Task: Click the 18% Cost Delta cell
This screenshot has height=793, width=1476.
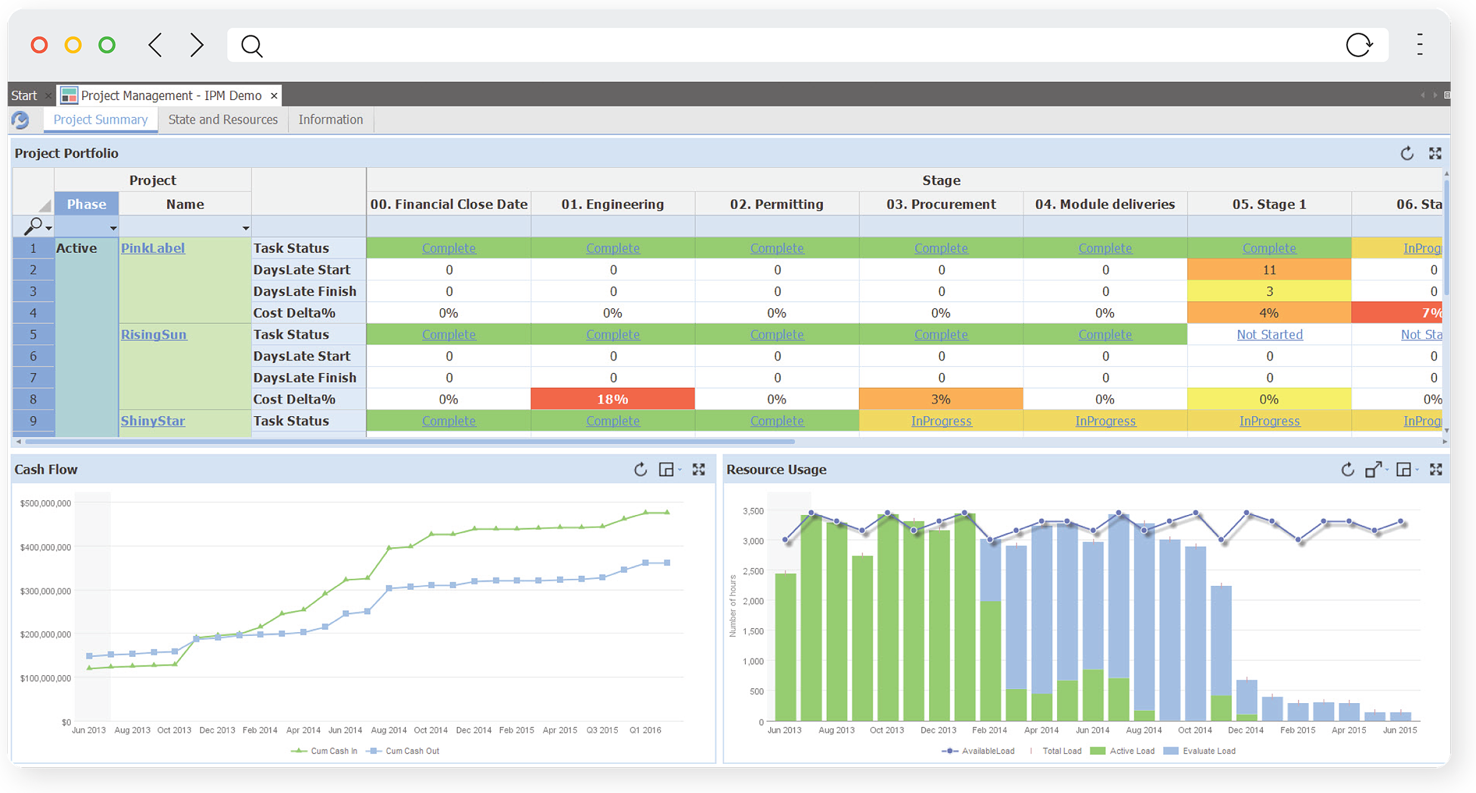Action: (x=612, y=399)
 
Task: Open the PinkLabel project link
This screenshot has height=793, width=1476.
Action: (x=153, y=248)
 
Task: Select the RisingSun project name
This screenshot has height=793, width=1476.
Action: (x=154, y=335)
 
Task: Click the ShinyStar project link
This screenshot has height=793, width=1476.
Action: (x=153, y=421)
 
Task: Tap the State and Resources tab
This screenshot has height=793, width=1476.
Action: (x=223, y=120)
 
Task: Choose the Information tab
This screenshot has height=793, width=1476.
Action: (x=330, y=120)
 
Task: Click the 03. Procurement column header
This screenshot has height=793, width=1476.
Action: (x=941, y=204)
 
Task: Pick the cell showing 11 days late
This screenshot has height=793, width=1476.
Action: (x=1269, y=270)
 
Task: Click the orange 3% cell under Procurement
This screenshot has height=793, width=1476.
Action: (x=940, y=399)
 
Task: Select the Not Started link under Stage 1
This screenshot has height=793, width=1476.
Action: (x=1269, y=335)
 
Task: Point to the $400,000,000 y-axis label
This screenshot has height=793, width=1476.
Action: (x=45, y=547)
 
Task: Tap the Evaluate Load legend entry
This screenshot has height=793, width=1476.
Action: (x=1208, y=751)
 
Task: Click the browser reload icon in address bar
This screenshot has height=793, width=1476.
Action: (x=1359, y=45)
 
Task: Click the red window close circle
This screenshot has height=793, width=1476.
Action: (x=39, y=45)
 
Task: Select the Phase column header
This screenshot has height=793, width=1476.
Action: (x=86, y=204)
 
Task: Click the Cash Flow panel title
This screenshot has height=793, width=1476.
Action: (x=46, y=470)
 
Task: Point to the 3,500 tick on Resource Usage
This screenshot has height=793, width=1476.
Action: (x=753, y=511)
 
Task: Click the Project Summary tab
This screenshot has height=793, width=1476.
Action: (x=101, y=120)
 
